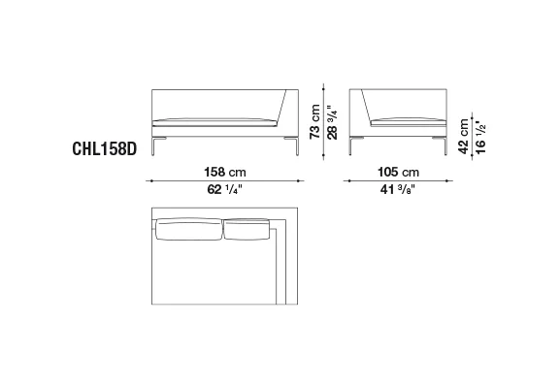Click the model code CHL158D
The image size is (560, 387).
click(x=104, y=148)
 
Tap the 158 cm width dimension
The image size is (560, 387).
click(x=225, y=172)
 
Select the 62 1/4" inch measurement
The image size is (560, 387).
click(x=224, y=189)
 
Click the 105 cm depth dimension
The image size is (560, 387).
click(x=398, y=172)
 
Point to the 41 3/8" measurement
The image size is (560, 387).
click(x=398, y=189)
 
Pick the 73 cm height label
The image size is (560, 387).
click(x=315, y=122)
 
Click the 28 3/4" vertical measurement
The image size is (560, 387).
click(x=332, y=122)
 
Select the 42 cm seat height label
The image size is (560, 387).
click(x=463, y=137)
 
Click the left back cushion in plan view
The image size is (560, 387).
click(x=188, y=229)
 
